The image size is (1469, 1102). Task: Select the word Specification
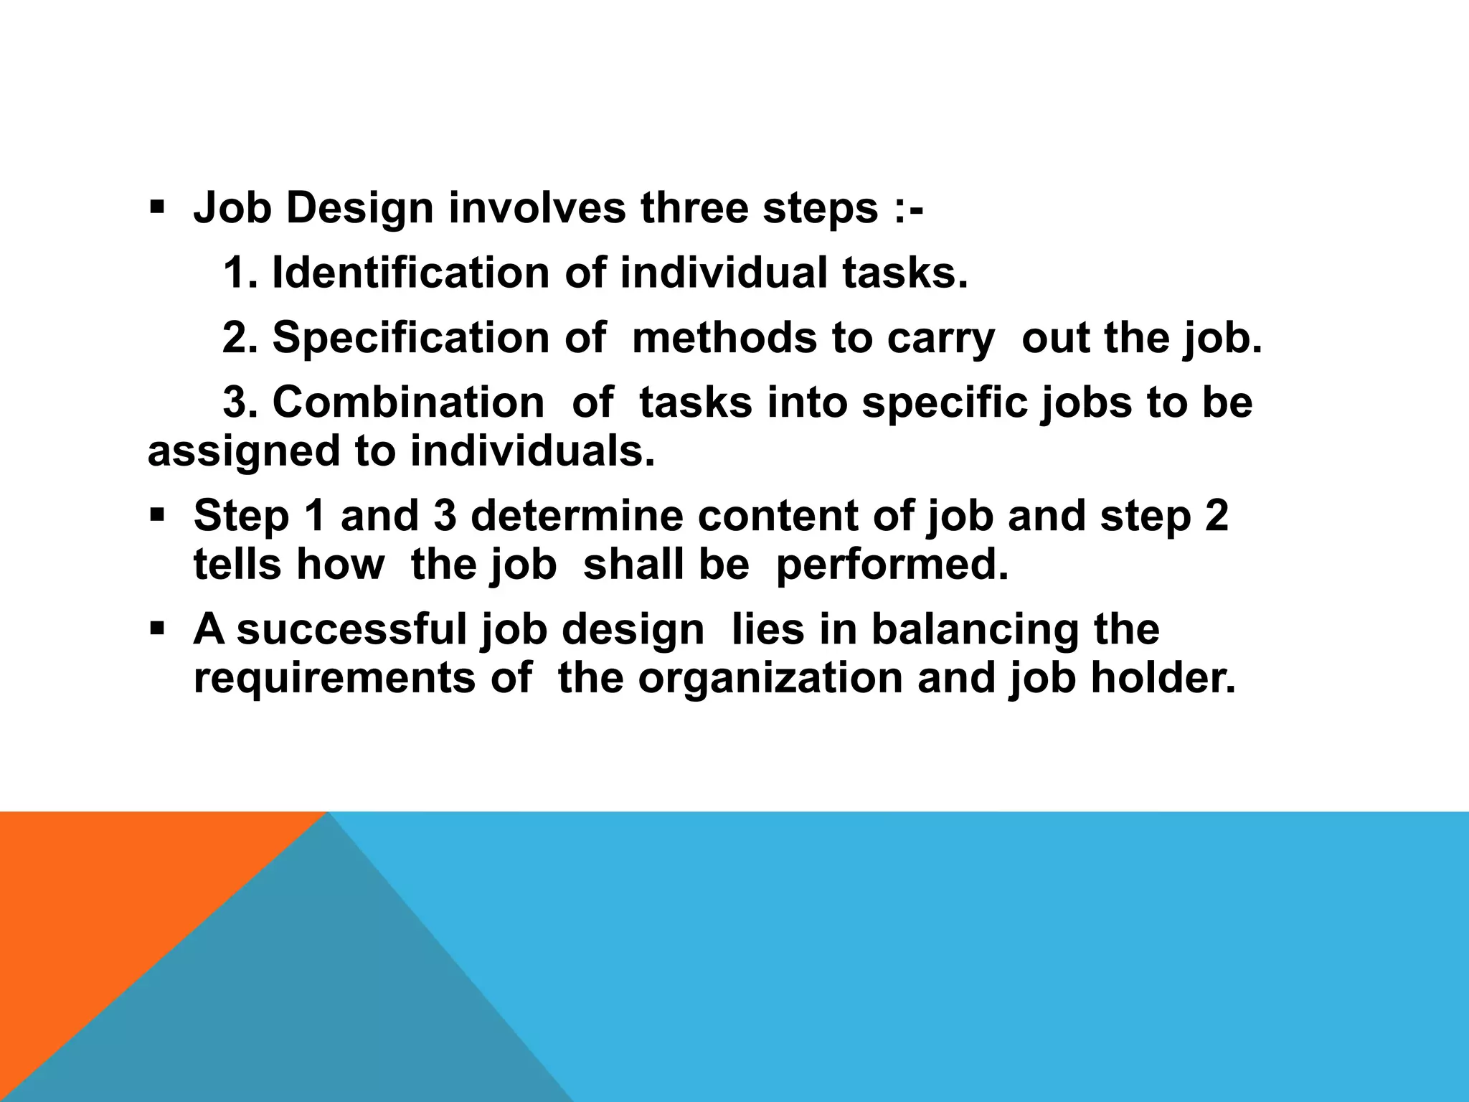pos(410,338)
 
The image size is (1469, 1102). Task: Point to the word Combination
pos(408,402)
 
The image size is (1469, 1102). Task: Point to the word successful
pos(351,629)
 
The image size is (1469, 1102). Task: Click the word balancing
pos(975,630)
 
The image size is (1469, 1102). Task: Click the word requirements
pos(334,679)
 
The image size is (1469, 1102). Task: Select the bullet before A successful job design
pos(157,629)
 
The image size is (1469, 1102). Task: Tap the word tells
pos(237,565)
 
